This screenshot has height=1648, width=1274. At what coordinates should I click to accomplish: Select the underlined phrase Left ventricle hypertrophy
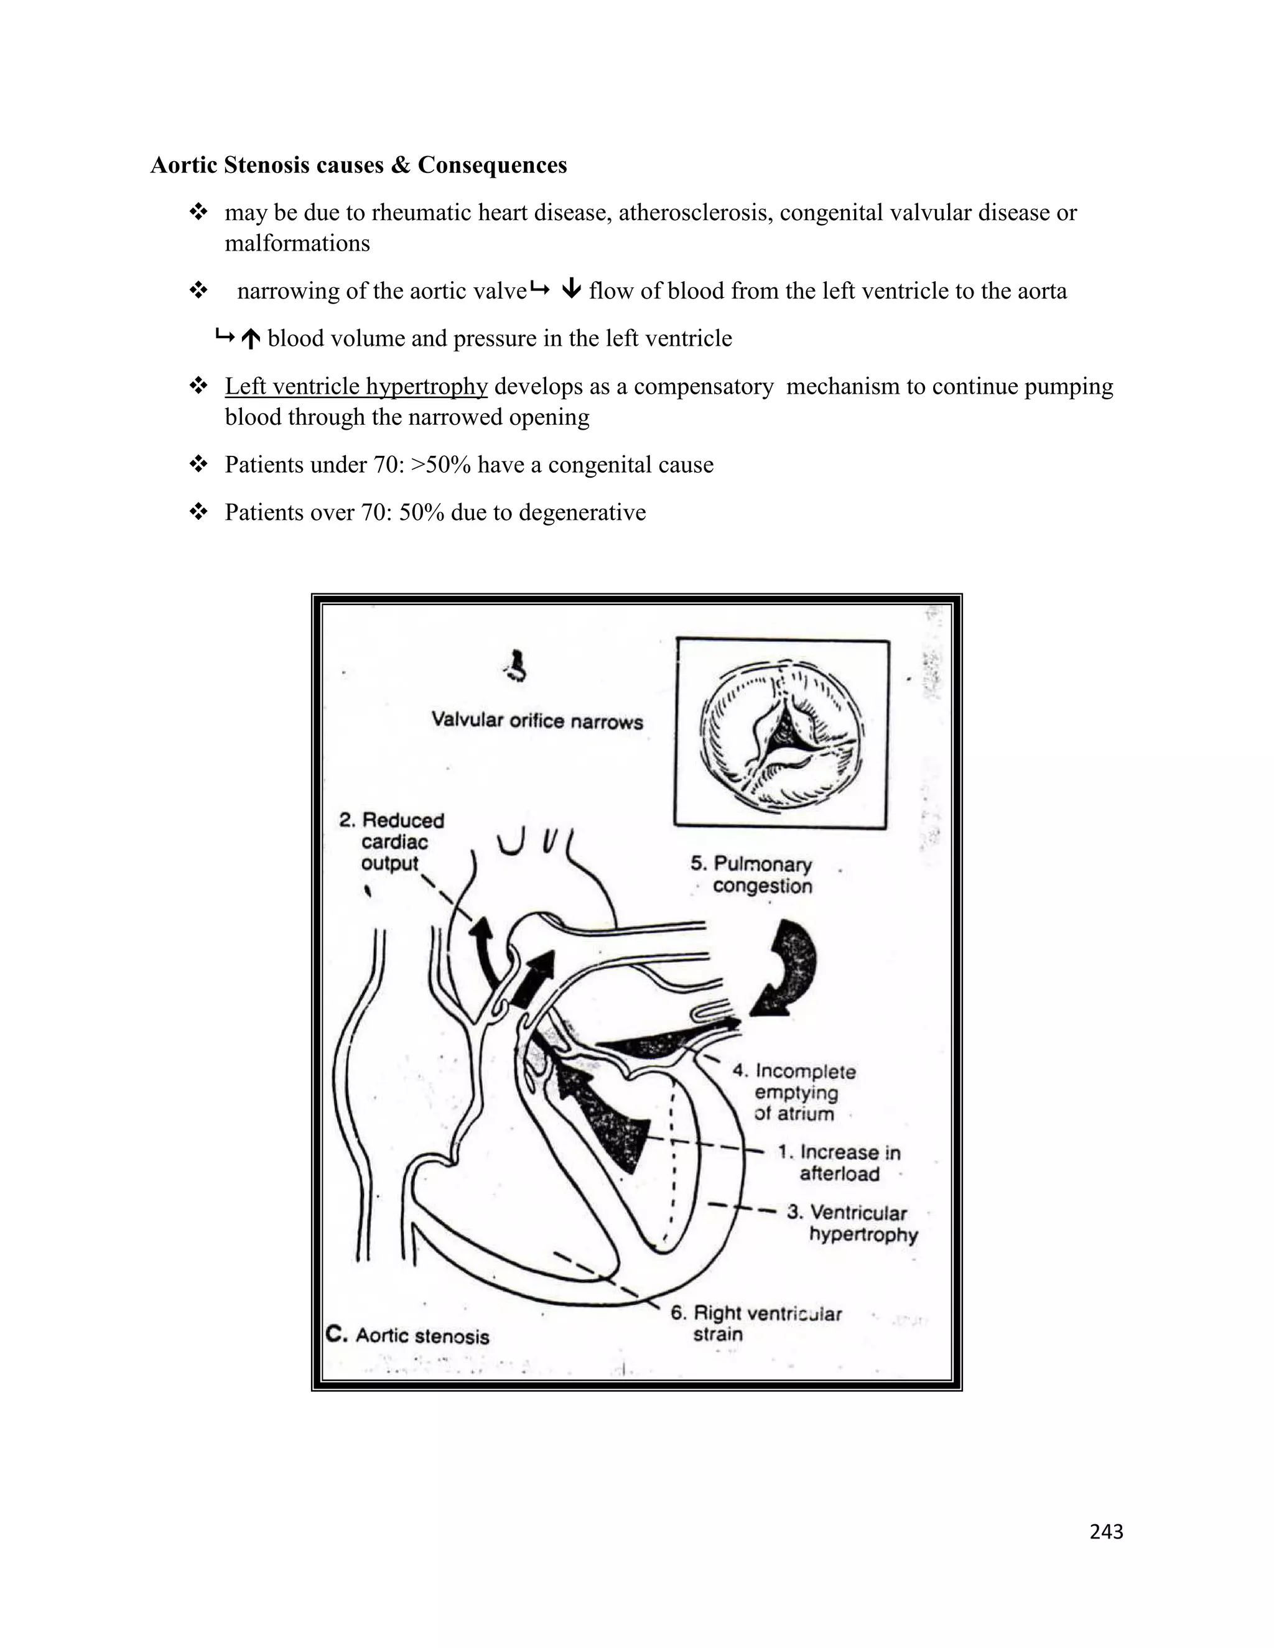point(356,386)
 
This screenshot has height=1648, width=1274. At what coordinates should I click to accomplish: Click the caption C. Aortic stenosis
point(408,1336)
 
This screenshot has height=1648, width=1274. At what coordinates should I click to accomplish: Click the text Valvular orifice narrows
point(537,721)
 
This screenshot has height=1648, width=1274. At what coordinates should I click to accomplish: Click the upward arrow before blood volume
point(251,340)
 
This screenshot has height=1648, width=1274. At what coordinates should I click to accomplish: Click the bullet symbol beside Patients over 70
point(198,512)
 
